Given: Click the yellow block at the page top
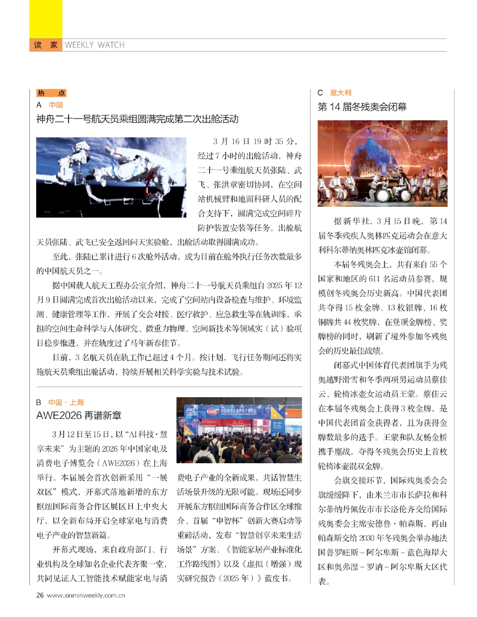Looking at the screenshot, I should tap(45, 19).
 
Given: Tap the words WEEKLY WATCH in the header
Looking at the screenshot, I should tap(95, 45).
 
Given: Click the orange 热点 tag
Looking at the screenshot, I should tap(51, 93).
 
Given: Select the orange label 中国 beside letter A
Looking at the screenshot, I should tap(56, 105).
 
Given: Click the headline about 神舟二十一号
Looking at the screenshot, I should tap(137, 119).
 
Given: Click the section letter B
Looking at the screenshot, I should tap(39, 402).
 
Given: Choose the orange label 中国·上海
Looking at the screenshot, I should tap(66, 402).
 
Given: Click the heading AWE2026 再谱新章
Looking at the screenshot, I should tap(79, 416).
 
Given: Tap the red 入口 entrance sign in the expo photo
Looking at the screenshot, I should tap(238, 422).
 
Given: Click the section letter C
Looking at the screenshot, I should tap(320, 93).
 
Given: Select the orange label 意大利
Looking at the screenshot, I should tap(341, 93).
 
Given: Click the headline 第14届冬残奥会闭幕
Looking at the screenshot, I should tap(362, 107).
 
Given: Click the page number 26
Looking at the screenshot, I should tap(40, 595).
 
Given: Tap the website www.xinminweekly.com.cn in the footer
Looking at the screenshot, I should tap(86, 595).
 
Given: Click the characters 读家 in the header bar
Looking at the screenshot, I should tap(45, 45).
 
